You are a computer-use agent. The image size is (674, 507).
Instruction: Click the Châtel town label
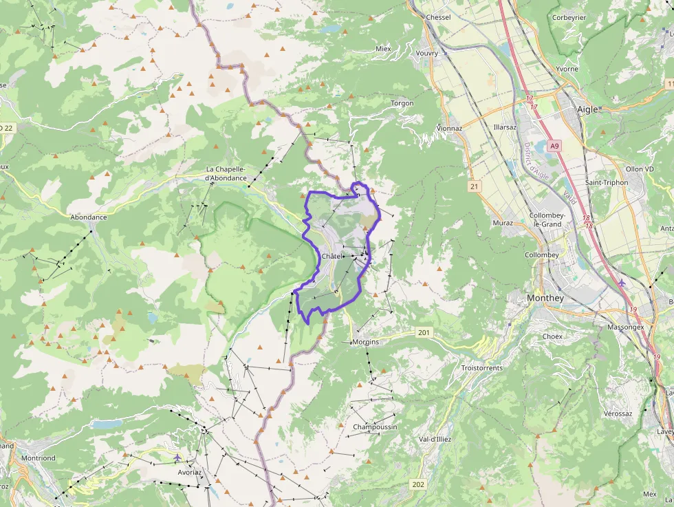click(x=331, y=257)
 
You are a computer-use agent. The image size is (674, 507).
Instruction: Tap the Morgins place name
click(x=365, y=342)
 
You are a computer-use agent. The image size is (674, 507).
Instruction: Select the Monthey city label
click(x=545, y=298)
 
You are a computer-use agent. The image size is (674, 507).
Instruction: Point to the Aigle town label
click(x=587, y=109)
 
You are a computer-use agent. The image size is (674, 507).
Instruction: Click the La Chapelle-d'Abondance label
click(x=226, y=173)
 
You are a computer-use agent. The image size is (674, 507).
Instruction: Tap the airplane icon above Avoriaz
click(x=178, y=457)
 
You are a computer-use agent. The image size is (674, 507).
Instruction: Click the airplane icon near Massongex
click(x=622, y=283)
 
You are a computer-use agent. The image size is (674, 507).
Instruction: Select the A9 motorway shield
click(x=555, y=146)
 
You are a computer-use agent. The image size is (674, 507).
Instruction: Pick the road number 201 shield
click(x=424, y=333)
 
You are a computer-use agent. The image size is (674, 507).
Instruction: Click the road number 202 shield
click(x=418, y=484)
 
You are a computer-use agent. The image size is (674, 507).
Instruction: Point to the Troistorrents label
click(x=481, y=368)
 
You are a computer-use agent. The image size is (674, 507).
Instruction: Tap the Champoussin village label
click(x=375, y=427)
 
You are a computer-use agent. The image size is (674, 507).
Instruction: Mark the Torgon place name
click(x=402, y=103)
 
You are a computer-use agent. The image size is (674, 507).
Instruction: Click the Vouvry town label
click(x=427, y=53)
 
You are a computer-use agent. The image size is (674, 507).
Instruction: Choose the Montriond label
click(x=38, y=458)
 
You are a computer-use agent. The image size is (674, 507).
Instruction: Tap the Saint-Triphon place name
click(x=606, y=182)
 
